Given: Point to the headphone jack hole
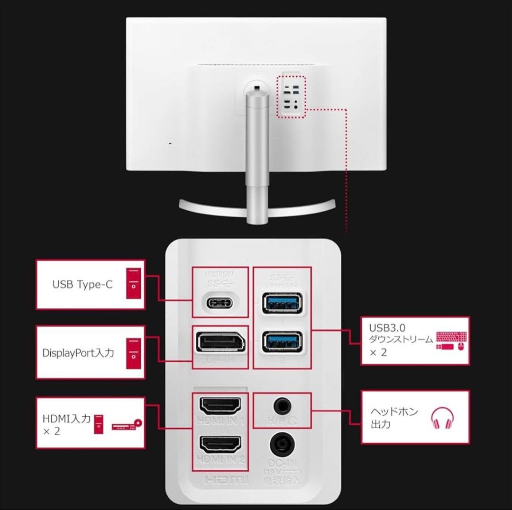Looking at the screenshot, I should [283, 405].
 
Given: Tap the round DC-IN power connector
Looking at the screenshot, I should [283, 445].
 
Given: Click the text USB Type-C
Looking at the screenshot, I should [82, 285].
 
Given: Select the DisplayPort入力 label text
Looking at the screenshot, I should [78, 353].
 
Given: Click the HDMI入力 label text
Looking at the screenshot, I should [66, 419].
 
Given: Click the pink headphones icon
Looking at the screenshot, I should [442, 418].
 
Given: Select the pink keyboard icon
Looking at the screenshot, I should [451, 337].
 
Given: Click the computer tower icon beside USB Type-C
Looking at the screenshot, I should [134, 283].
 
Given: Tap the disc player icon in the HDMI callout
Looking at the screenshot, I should [127, 425].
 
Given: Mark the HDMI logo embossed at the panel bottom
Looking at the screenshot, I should [227, 480].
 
